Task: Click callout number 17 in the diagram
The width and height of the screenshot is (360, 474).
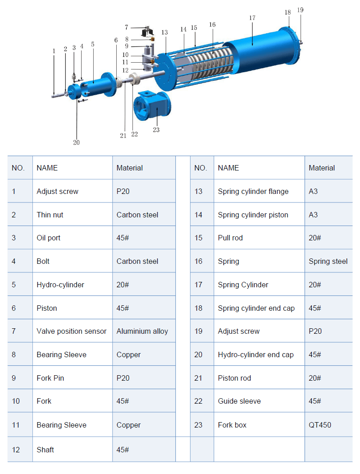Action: click(252, 18)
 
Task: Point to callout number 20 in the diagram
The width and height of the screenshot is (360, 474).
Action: click(76, 143)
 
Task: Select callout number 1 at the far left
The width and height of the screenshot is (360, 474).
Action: click(54, 51)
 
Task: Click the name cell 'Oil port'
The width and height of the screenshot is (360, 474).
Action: click(49, 238)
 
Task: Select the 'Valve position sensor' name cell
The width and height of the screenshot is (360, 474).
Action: click(72, 331)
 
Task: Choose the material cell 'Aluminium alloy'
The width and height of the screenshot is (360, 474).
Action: click(142, 331)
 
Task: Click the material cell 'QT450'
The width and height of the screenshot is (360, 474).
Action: click(319, 425)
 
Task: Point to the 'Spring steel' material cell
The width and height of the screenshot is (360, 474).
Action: click(328, 261)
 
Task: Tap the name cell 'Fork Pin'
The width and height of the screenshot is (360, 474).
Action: click(50, 378)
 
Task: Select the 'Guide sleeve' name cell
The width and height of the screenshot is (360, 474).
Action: click(239, 401)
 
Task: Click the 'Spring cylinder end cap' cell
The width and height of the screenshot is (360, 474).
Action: click(256, 308)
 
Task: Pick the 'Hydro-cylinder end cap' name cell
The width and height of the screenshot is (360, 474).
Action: click(255, 354)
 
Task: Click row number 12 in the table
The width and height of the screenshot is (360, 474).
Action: click(16, 450)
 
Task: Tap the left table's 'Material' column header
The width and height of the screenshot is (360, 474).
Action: click(130, 168)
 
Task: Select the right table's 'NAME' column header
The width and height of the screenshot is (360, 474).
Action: click(228, 168)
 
